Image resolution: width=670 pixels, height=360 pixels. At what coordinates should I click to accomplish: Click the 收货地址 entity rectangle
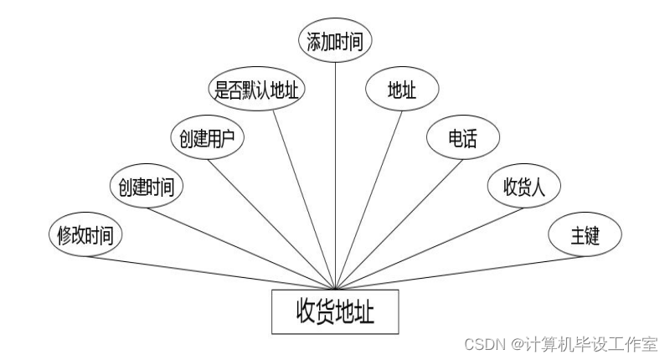[x=335, y=311]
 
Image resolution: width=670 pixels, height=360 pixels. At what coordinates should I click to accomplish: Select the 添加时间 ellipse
[x=335, y=40]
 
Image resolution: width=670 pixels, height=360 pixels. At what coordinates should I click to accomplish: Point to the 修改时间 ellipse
[x=85, y=235]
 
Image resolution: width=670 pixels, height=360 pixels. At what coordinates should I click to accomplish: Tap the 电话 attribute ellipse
[x=463, y=138]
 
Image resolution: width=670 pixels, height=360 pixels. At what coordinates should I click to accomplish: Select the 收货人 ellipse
[x=524, y=187]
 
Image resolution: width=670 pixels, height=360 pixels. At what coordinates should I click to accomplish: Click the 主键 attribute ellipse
[x=585, y=235]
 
